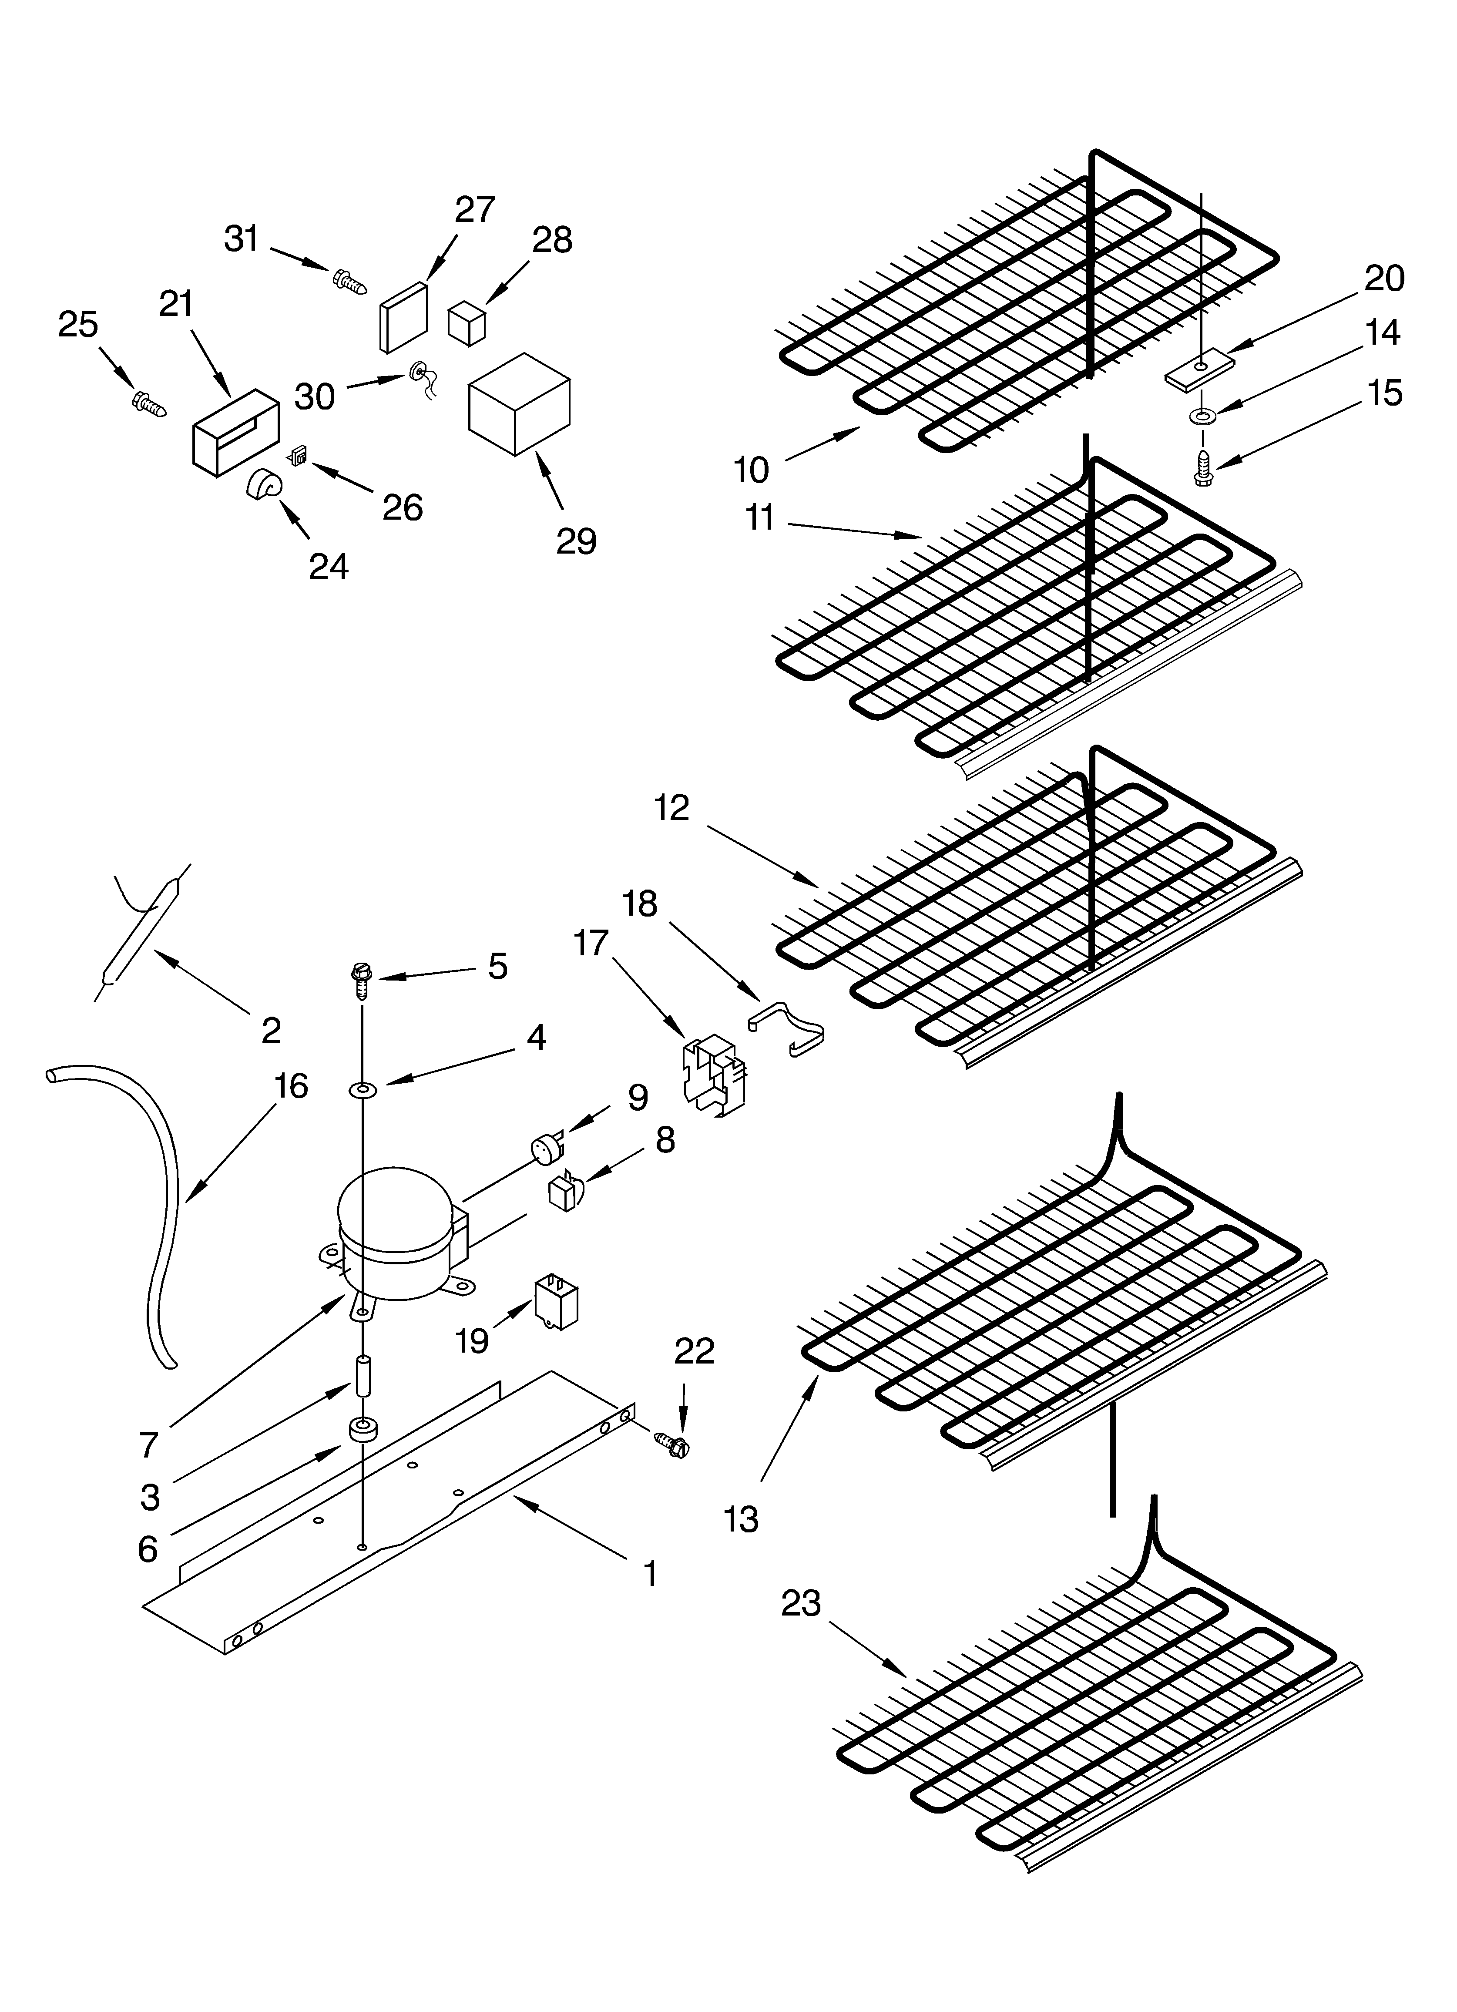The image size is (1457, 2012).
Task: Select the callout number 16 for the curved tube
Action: coord(290,1086)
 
